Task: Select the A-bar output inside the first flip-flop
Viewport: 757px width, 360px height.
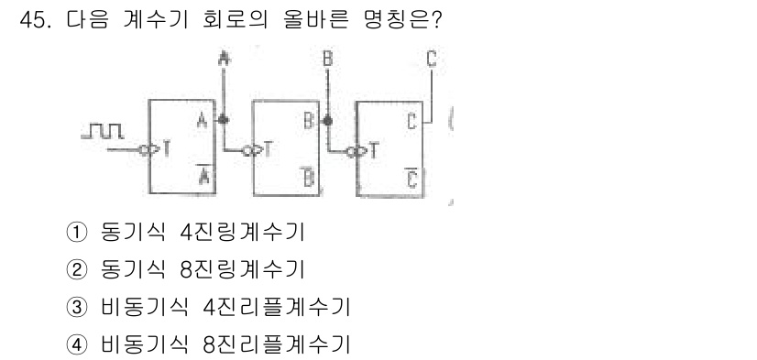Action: pos(203,178)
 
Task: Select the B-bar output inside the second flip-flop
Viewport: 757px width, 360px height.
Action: pos(309,178)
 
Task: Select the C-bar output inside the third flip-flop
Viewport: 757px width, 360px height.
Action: pos(412,178)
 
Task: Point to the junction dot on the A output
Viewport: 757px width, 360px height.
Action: pos(224,120)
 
